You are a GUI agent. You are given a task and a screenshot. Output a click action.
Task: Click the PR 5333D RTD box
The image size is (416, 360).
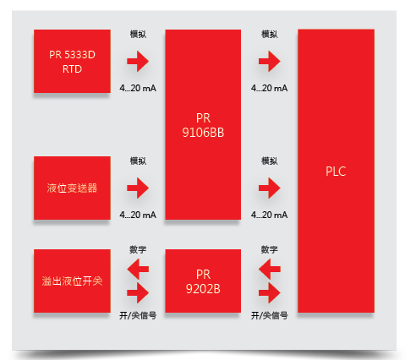[72, 61]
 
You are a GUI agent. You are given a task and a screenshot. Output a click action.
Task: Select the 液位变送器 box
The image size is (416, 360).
[72, 188]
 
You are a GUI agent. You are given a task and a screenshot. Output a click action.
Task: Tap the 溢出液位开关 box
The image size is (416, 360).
[72, 281]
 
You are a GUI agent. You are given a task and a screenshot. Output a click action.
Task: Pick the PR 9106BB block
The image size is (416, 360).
[203, 124]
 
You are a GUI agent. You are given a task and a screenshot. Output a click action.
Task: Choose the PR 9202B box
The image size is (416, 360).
[203, 281]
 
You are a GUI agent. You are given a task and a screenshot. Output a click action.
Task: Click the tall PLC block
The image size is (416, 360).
[336, 171]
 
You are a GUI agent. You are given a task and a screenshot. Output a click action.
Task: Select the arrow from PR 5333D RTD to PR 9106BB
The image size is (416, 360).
[138, 61]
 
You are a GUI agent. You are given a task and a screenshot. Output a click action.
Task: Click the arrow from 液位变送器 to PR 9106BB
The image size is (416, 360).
[138, 188]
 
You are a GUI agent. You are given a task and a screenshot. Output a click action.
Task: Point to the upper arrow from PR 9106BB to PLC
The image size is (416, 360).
[270, 61]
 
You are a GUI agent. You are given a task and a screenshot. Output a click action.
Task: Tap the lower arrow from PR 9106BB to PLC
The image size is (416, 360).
[270, 188]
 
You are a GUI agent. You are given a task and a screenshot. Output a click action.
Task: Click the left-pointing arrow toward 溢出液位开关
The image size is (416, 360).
[138, 269]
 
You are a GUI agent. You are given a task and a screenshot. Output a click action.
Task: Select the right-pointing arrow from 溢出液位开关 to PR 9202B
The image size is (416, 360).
[138, 293]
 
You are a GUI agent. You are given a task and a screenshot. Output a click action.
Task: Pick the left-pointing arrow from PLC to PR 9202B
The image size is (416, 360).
[270, 269]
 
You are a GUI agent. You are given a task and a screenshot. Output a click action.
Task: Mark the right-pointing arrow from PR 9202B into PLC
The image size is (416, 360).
[270, 293]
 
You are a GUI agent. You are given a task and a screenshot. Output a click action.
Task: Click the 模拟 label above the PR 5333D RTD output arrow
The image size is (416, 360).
[138, 35]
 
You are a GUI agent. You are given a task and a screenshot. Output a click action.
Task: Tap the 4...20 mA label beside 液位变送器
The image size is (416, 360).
[138, 215]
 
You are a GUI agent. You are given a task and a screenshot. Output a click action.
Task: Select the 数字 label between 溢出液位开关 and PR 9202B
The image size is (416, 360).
[138, 249]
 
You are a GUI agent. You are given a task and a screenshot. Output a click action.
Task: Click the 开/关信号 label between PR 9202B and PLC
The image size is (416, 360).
[270, 315]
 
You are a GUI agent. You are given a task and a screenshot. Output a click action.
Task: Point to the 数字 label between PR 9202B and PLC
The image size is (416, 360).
[270, 249]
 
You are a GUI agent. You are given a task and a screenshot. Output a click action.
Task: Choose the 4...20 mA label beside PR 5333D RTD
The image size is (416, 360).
[138, 88]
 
